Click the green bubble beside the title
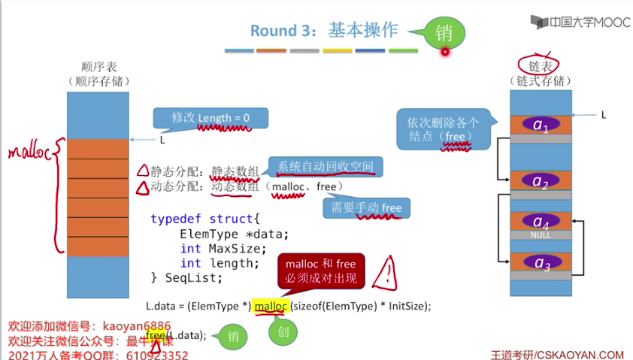[444, 32]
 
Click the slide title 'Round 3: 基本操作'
[323, 31]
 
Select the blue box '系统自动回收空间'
[325, 166]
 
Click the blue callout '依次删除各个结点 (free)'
[444, 129]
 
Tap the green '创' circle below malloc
[279, 331]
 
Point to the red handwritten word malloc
[29, 153]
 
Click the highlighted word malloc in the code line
[271, 307]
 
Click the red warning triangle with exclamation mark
[389, 268]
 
